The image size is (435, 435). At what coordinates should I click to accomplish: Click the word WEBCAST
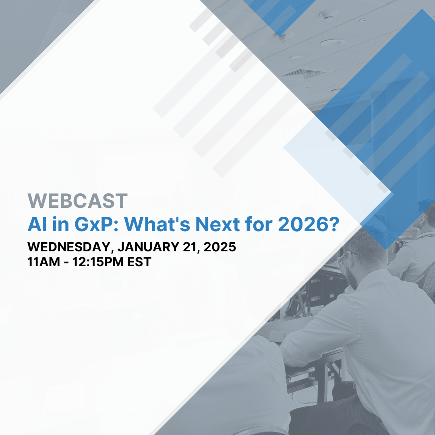77,201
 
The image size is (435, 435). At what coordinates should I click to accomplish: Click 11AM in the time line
42,262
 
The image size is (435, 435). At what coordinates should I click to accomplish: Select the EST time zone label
139,262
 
